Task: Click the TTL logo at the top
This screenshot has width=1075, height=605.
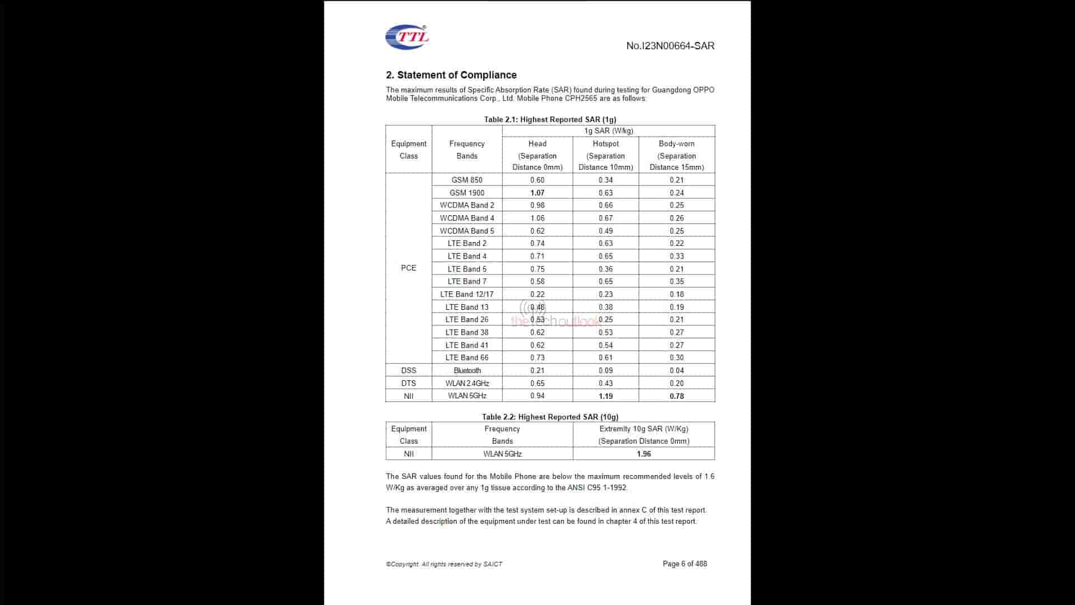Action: click(x=407, y=37)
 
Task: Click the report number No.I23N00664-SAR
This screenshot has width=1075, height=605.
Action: click(x=670, y=46)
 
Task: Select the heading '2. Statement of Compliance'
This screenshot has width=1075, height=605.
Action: click(x=451, y=75)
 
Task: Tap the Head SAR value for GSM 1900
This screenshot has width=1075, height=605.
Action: click(x=537, y=193)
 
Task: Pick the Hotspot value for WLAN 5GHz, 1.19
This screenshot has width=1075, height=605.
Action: click(x=605, y=396)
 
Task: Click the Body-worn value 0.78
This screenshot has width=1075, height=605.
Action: click(x=676, y=396)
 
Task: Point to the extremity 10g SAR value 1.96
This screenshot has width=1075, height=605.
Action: click(x=643, y=454)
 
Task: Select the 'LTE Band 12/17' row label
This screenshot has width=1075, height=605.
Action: click(x=466, y=294)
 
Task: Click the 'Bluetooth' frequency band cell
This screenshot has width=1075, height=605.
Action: click(x=467, y=370)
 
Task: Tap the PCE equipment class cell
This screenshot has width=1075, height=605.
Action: click(x=408, y=268)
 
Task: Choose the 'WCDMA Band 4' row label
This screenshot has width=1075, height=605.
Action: click(x=466, y=218)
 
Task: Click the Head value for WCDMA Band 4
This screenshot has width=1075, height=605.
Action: click(x=537, y=218)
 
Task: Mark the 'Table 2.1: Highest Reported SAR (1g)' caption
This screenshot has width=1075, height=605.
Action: click(x=550, y=119)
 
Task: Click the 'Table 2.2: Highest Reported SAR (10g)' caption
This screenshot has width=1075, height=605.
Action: click(x=550, y=417)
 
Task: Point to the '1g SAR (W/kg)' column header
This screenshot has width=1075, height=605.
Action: click(x=608, y=131)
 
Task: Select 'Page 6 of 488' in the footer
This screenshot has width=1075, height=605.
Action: click(x=684, y=564)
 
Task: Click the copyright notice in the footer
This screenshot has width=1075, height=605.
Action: click(x=443, y=564)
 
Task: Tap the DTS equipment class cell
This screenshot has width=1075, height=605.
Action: click(x=408, y=383)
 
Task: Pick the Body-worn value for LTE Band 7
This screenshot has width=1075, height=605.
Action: click(x=676, y=281)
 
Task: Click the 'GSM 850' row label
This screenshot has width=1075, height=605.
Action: click(x=466, y=180)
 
